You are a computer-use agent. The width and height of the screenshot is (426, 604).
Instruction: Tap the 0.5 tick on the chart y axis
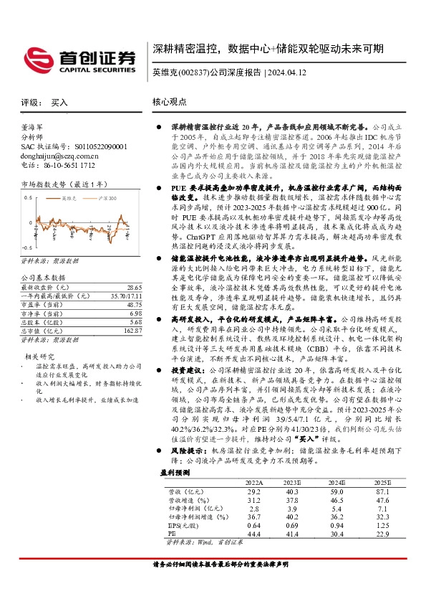[x=29, y=197]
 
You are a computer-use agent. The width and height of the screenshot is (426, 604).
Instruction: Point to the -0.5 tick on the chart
[x=27, y=224]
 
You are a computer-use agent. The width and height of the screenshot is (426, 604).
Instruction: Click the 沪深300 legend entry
[x=106, y=197]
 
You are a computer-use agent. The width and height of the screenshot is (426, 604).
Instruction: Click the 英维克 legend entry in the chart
[x=69, y=197]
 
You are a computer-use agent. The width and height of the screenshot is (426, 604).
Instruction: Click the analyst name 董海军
[x=33, y=125]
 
